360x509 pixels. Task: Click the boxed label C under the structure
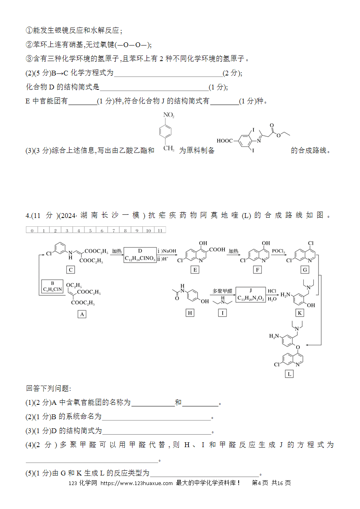click(70, 270)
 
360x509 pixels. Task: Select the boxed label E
click(195, 270)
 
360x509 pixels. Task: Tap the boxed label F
click(257, 270)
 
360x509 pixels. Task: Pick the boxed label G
click(305, 270)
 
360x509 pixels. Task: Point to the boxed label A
click(82, 314)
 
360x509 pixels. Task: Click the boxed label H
click(190, 313)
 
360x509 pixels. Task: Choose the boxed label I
click(222, 313)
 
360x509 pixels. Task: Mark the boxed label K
click(300, 313)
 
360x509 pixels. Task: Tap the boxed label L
click(289, 374)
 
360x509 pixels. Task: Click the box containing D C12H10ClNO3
click(140, 255)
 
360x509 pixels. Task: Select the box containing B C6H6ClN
click(52, 286)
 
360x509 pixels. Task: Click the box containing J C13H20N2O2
click(251, 295)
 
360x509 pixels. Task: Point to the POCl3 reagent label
click(279, 251)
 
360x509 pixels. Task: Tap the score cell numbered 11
click(160, 230)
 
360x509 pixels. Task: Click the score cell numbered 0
click(32, 230)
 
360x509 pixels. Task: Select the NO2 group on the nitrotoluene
click(169, 115)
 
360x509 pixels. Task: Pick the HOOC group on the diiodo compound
click(225, 141)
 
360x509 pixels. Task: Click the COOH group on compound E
click(217, 250)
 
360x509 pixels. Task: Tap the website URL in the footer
click(136, 483)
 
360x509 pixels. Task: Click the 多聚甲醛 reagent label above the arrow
click(222, 291)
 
